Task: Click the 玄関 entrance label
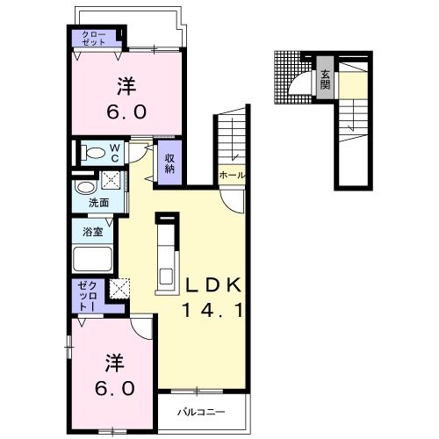pos(325,80)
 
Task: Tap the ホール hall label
pos(232,176)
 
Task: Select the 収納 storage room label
pos(169,163)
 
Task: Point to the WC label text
pos(114,153)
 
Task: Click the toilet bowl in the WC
pos(93,153)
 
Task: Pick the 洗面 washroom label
pos(99,203)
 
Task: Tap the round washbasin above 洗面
pos(86,187)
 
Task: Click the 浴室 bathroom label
pos(92,232)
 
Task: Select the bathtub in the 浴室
pos(93,259)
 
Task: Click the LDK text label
pos(214,284)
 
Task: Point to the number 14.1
pos(212,310)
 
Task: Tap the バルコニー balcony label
pos(202,413)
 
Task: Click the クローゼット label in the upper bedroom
pos(93,39)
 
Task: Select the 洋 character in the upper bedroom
pos(126,86)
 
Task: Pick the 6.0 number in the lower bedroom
pos(115,389)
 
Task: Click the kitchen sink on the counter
pos(166,277)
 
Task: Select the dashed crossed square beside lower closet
pos(119,288)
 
